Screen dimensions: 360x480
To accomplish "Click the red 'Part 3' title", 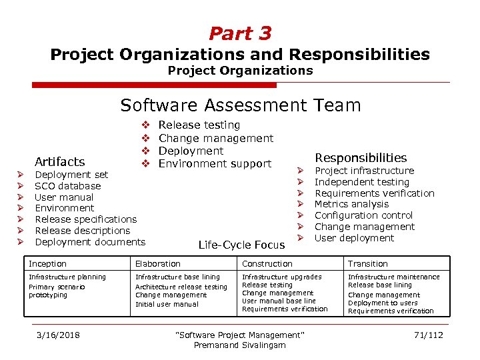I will [x=240, y=33].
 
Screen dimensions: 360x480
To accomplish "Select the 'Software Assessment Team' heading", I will [x=240, y=105].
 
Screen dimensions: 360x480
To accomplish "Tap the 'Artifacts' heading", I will [x=59, y=161].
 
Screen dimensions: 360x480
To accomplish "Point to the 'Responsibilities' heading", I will [x=360, y=157].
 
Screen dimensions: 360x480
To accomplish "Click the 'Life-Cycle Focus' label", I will [x=241, y=245].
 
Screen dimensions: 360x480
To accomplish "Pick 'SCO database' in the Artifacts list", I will [x=67, y=186].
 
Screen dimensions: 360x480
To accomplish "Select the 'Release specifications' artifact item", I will [x=85, y=219].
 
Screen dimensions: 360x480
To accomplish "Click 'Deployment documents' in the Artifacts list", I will [x=89, y=241].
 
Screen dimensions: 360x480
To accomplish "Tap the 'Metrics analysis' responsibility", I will [x=351, y=204].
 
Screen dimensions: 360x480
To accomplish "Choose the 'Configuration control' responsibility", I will [x=363, y=215].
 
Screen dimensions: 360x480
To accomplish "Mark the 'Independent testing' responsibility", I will [x=361, y=182].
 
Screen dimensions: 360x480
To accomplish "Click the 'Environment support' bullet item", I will [x=215, y=163].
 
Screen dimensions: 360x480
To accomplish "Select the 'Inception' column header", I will [x=47, y=264].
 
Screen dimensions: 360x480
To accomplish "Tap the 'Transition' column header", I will [x=367, y=264].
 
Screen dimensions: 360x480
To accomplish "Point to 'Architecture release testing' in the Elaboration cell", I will [x=181, y=287].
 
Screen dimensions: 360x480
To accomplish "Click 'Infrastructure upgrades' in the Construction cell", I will [x=281, y=277].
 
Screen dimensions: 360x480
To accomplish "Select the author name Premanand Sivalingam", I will [x=239, y=345].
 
